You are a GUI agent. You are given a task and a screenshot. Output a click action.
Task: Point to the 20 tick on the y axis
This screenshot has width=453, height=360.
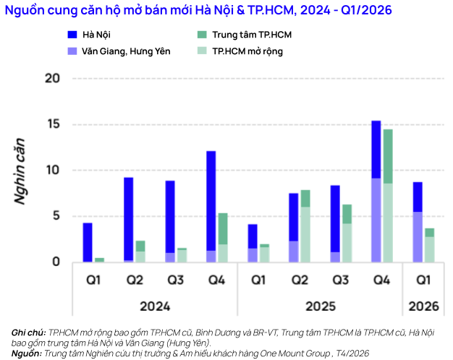click(52, 78)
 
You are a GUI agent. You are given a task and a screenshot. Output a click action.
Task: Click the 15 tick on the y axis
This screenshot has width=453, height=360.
click(52, 124)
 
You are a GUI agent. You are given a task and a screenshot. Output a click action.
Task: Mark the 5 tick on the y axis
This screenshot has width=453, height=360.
click(55, 216)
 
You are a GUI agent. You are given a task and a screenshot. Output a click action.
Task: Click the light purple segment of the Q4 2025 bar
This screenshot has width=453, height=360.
click(376, 220)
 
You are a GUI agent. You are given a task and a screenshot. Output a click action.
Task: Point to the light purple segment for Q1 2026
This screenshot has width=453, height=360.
click(418, 236)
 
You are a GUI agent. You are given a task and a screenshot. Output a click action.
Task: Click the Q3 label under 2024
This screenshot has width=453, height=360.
click(175, 280)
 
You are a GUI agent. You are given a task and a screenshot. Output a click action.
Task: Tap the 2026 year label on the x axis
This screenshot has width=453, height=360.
click(423, 307)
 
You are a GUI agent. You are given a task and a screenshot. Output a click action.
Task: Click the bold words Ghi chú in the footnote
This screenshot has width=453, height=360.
click(28, 333)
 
